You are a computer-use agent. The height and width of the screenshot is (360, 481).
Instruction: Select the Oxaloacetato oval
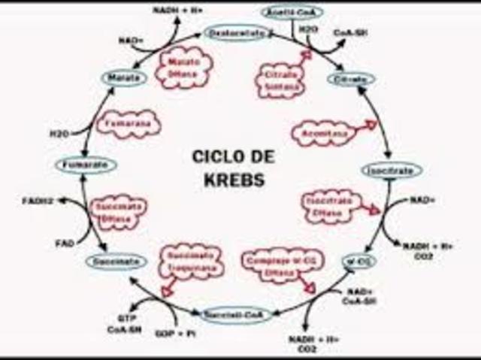coord(234,33)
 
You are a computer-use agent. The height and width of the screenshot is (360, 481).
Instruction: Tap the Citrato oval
coord(350,79)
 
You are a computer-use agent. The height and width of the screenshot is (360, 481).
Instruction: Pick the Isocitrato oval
coord(389,170)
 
